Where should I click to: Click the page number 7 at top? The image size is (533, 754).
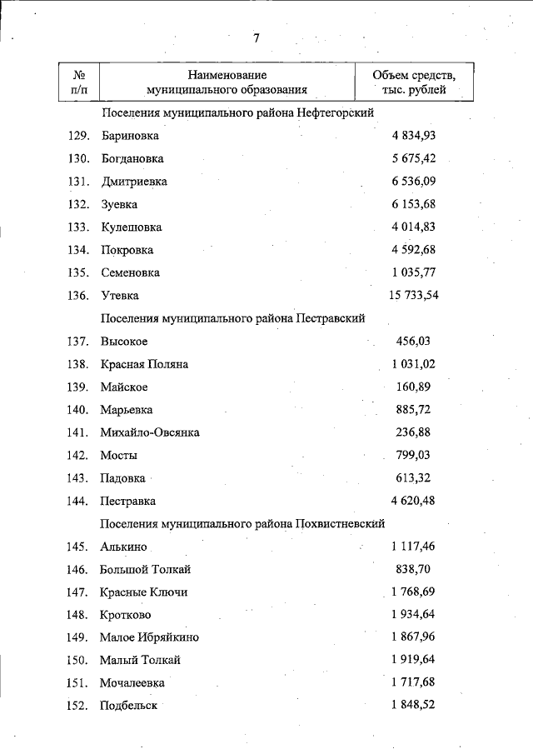point(257,38)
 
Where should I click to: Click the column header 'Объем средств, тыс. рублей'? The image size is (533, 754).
point(414,82)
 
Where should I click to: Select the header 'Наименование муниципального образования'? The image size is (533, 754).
point(227,82)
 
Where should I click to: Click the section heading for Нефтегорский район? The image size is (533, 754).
point(237,112)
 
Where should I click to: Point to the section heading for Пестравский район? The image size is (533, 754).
point(232,318)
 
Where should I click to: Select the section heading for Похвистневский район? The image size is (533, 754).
point(242,523)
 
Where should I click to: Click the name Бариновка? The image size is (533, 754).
point(129,136)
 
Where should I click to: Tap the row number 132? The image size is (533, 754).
point(77,204)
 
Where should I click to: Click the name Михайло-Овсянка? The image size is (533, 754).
point(150,432)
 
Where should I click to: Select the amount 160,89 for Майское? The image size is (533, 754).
point(413,387)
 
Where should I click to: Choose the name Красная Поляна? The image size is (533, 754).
point(144,364)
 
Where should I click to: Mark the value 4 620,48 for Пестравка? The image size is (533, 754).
point(413,501)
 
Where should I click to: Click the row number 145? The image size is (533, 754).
point(77,547)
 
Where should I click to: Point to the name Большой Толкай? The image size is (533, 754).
point(146,569)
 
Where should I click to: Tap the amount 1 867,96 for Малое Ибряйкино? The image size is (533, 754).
point(413,637)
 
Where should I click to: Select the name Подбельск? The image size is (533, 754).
point(128,706)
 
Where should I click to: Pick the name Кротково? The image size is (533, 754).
point(126,615)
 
